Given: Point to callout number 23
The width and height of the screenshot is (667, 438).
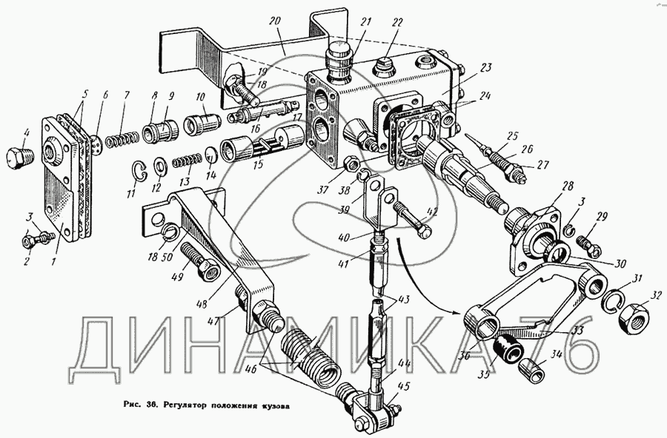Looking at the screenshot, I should tap(485, 67).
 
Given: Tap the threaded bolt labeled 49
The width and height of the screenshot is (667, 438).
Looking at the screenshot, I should tap(199, 260).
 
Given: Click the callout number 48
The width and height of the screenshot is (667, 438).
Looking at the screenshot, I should tap(201, 304).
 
